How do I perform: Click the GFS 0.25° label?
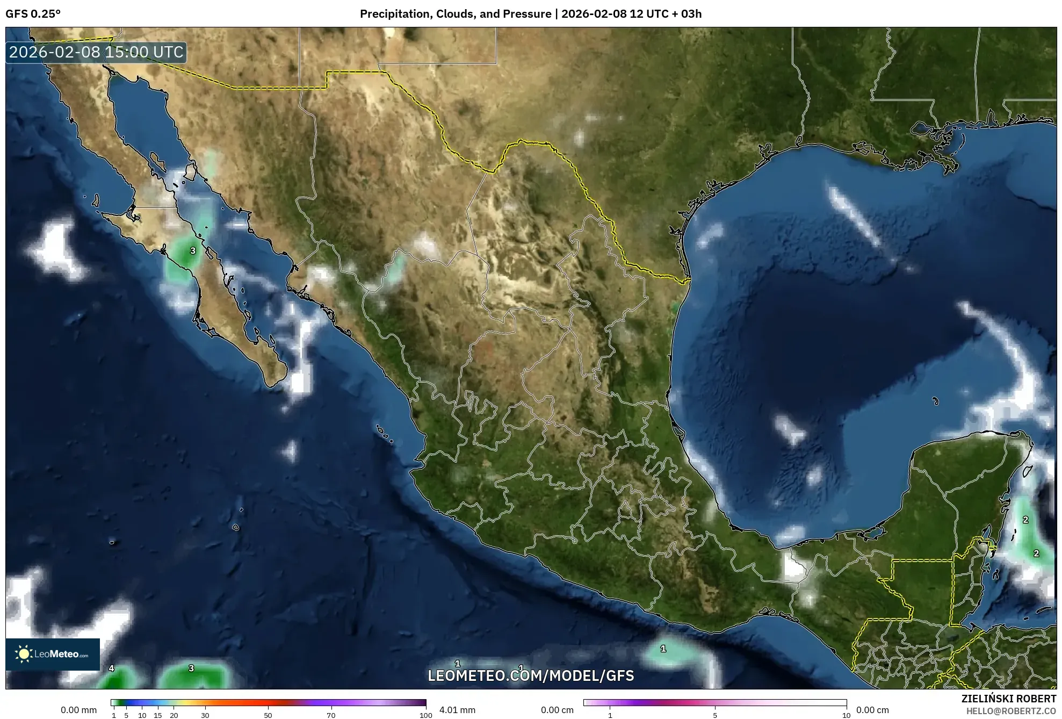[x=33, y=14]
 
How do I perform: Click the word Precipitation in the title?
[x=394, y=14]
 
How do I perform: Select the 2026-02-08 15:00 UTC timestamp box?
[x=96, y=52]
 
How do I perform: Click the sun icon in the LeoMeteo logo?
[x=24, y=654]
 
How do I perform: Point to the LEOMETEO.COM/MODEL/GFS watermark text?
[x=531, y=675]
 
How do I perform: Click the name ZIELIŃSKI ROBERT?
[x=1008, y=699]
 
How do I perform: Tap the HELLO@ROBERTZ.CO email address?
[x=1011, y=711]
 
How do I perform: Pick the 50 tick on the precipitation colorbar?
[x=268, y=715]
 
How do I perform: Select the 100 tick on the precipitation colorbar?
[x=425, y=715]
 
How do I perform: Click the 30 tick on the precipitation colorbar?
[x=205, y=715]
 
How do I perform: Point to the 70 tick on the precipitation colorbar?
[x=331, y=715]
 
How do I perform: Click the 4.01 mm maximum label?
[x=457, y=710]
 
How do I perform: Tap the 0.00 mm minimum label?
[x=78, y=710]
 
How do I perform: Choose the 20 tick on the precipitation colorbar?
[x=174, y=715]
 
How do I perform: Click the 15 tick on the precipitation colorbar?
[x=158, y=715]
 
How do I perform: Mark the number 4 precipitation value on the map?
[x=111, y=668]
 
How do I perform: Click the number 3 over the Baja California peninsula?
[x=193, y=250]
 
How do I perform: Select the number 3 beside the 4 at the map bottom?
[x=191, y=668]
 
